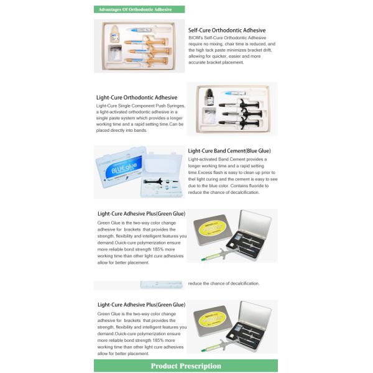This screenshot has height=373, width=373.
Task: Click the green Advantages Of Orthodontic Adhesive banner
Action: [139, 9]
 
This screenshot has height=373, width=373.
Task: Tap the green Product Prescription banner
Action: [186, 366]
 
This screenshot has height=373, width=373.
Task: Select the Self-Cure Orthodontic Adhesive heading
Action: [227, 30]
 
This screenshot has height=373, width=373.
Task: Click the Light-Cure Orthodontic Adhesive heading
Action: [137, 98]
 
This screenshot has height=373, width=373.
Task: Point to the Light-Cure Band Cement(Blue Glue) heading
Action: [229, 151]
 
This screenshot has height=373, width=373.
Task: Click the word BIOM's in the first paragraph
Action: [196, 38]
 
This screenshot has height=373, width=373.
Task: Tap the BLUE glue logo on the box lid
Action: [124, 167]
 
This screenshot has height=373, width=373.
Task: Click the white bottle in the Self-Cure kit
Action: [114, 34]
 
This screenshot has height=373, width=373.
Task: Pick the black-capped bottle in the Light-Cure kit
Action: [210, 97]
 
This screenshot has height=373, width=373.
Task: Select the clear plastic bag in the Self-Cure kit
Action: [115, 53]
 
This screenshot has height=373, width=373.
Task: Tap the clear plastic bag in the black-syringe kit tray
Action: [209, 116]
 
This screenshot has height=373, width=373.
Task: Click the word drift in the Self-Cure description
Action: [267, 50]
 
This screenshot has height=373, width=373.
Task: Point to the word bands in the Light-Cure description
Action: [140, 131]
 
